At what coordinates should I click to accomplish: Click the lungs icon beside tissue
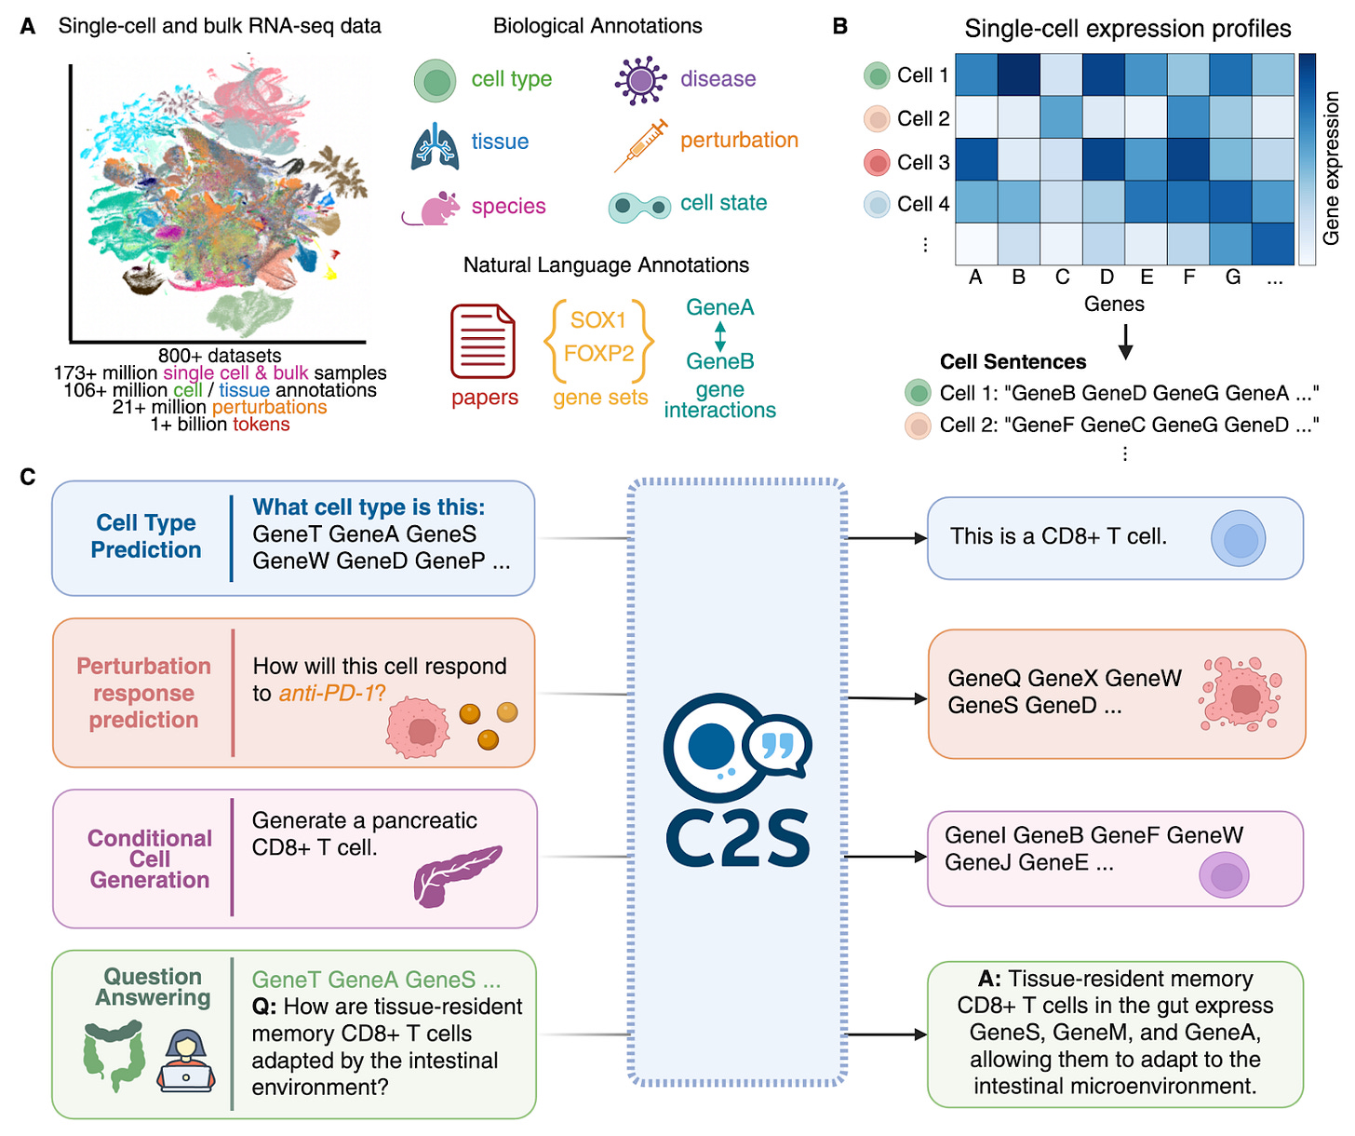point(436,146)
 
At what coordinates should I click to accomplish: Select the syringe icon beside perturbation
point(641,145)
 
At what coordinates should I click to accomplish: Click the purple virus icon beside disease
point(640,79)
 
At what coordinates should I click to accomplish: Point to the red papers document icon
point(483,342)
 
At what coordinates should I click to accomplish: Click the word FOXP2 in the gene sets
point(598,354)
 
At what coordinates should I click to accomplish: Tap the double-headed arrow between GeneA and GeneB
point(719,335)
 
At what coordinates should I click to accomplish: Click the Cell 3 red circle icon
point(877,162)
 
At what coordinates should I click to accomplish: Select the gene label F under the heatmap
point(1188,277)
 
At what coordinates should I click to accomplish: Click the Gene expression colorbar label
point(1332,168)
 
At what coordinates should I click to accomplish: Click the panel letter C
point(28,478)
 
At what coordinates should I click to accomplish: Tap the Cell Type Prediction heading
point(146,536)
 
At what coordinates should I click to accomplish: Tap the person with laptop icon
point(186,1061)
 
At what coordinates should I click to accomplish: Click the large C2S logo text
point(737,837)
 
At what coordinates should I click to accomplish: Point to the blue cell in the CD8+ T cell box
point(1238,539)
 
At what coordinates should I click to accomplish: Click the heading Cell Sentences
point(1013,361)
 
